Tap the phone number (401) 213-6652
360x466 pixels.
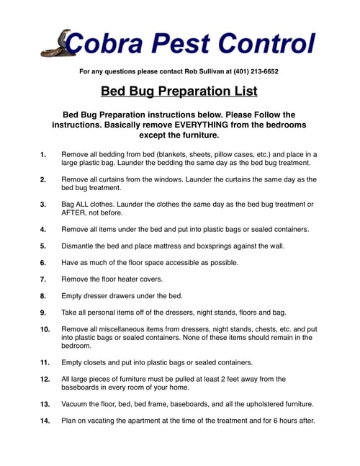coord(251,71)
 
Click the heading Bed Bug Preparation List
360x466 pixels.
coord(179,92)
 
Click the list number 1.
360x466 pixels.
coord(44,154)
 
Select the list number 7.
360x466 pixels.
coord(44,279)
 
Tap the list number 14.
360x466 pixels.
coord(45,421)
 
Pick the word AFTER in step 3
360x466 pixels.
coord(76,213)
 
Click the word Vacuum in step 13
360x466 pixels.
coord(78,404)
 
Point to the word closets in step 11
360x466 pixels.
coord(101,362)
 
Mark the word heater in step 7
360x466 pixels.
coord(133,279)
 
